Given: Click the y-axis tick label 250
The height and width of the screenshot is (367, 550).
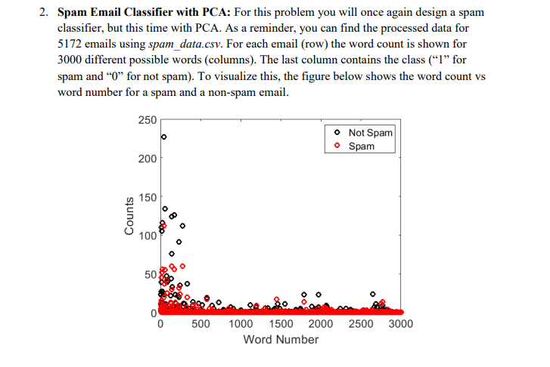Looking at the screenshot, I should [x=147, y=120].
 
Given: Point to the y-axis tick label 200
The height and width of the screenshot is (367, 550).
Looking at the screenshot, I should [x=147, y=159].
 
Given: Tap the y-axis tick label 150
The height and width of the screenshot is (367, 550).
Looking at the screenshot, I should [x=147, y=197].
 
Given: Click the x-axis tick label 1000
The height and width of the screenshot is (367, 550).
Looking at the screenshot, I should [x=241, y=325].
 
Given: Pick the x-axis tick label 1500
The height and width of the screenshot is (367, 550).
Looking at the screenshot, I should [x=281, y=325].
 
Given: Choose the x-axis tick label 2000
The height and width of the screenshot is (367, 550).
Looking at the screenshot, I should [x=321, y=325].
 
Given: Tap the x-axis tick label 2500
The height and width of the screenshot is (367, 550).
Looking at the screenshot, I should [x=361, y=325].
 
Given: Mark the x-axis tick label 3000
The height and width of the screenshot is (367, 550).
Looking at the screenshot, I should [x=401, y=325].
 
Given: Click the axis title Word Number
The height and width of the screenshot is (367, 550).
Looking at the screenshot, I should [x=281, y=340].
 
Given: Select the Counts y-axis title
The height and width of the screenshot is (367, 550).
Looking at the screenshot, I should [x=129, y=217].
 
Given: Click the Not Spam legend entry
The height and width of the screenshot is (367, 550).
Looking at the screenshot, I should [x=371, y=133].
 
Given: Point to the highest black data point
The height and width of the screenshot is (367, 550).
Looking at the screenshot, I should [x=163, y=137].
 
